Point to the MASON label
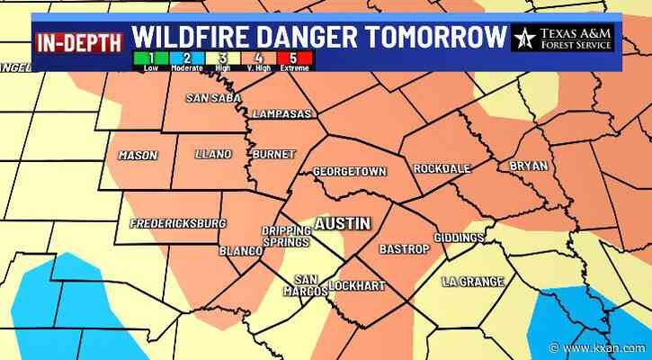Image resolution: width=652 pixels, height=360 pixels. (x=138, y=156)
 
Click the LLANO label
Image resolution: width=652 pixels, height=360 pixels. (x=213, y=154)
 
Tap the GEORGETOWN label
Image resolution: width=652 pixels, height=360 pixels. (x=349, y=171)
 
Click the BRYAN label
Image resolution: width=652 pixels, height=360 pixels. (x=528, y=166)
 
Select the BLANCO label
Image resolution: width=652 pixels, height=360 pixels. (x=238, y=251)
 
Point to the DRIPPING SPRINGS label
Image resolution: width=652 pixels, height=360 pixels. (x=286, y=236)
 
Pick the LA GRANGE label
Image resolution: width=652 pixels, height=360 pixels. (x=473, y=282)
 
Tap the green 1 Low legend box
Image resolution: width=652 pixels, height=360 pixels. (x=139, y=60)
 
